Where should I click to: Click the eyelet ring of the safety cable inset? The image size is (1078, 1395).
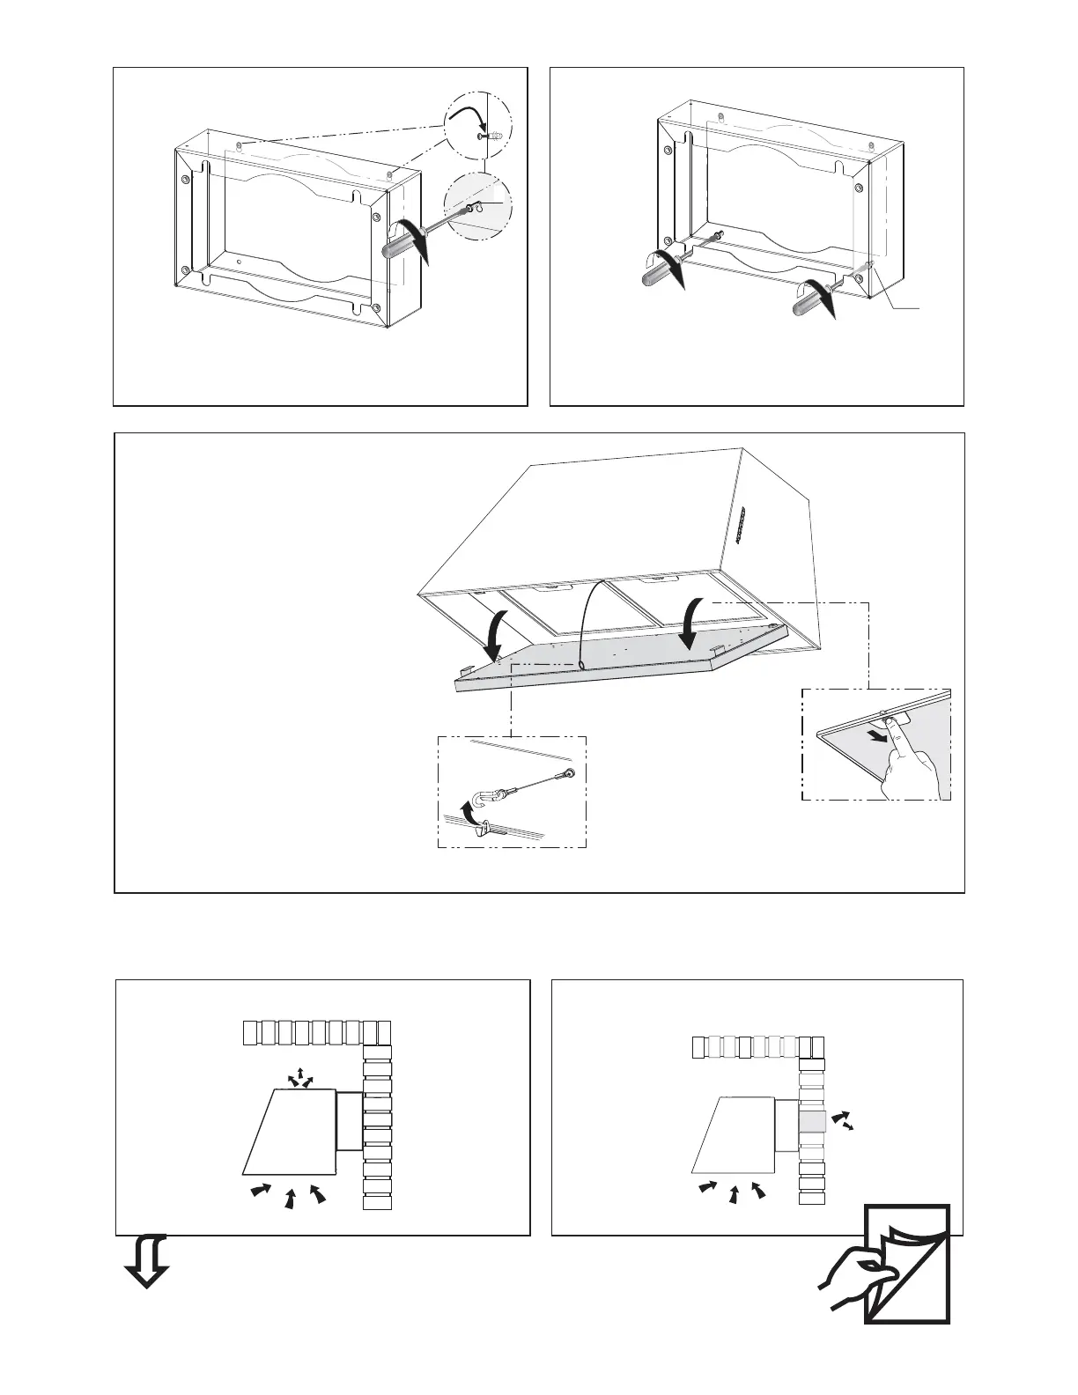click(571, 773)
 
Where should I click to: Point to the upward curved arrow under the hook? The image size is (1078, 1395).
click(472, 816)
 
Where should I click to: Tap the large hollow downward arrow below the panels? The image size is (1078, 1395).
click(146, 1261)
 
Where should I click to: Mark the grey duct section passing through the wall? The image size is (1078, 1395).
click(812, 1122)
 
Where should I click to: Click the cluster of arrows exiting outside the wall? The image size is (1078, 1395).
click(844, 1120)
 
